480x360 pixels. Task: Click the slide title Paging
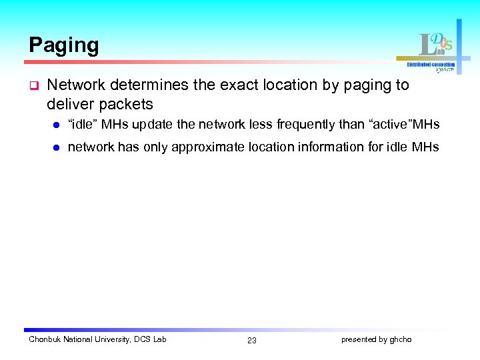click(64, 45)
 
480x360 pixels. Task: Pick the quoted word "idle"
click(83, 125)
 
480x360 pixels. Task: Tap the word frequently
click(307, 125)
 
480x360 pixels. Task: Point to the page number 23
click(251, 341)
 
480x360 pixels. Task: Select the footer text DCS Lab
click(151, 339)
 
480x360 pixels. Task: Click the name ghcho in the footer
click(401, 339)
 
